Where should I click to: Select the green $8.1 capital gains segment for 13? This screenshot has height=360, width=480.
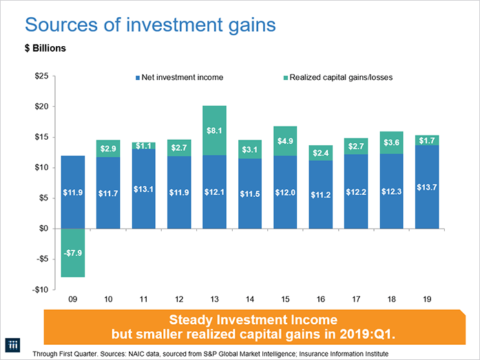point(214,130)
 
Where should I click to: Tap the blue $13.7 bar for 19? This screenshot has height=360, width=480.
point(426,187)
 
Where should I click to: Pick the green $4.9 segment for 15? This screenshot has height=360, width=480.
point(285,141)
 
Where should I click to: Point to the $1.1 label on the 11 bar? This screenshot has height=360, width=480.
point(143,145)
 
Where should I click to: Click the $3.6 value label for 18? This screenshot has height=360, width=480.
point(391,142)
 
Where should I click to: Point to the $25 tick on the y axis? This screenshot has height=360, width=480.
point(41,76)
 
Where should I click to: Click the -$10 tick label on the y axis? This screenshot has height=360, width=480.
point(40,289)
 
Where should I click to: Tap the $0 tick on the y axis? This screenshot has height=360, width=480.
point(43,229)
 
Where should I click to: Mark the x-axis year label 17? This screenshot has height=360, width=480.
point(356,301)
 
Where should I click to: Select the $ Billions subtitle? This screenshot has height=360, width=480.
point(46,50)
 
